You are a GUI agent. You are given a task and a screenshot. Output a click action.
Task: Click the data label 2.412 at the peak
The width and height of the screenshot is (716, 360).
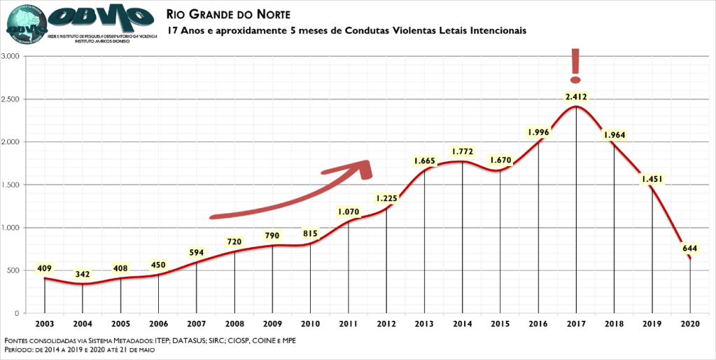pos(575,97)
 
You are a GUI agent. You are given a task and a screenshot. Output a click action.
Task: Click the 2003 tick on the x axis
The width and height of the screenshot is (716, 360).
pos(44,324)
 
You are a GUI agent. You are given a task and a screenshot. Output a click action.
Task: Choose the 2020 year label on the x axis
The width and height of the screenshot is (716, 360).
pos(689,324)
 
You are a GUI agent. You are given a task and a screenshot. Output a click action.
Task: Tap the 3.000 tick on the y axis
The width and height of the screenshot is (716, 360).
pos(12,56)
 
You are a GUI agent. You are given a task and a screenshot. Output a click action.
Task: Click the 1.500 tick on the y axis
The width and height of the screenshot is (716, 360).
pos(12,185)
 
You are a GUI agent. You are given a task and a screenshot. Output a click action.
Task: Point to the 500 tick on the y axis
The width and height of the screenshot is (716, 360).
pos(15,270)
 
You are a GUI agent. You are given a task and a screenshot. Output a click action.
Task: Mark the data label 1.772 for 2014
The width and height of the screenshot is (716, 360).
pos(462,151)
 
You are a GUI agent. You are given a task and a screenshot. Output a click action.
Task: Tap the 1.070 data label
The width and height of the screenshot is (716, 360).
pos(348,211)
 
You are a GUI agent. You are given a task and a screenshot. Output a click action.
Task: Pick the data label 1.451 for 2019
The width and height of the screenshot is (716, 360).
pos(652,179)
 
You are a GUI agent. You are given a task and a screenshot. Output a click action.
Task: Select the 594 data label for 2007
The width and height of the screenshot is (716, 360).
pos(196,252)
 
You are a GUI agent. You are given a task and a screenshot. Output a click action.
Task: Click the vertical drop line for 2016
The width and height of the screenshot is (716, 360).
pos(538,224)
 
